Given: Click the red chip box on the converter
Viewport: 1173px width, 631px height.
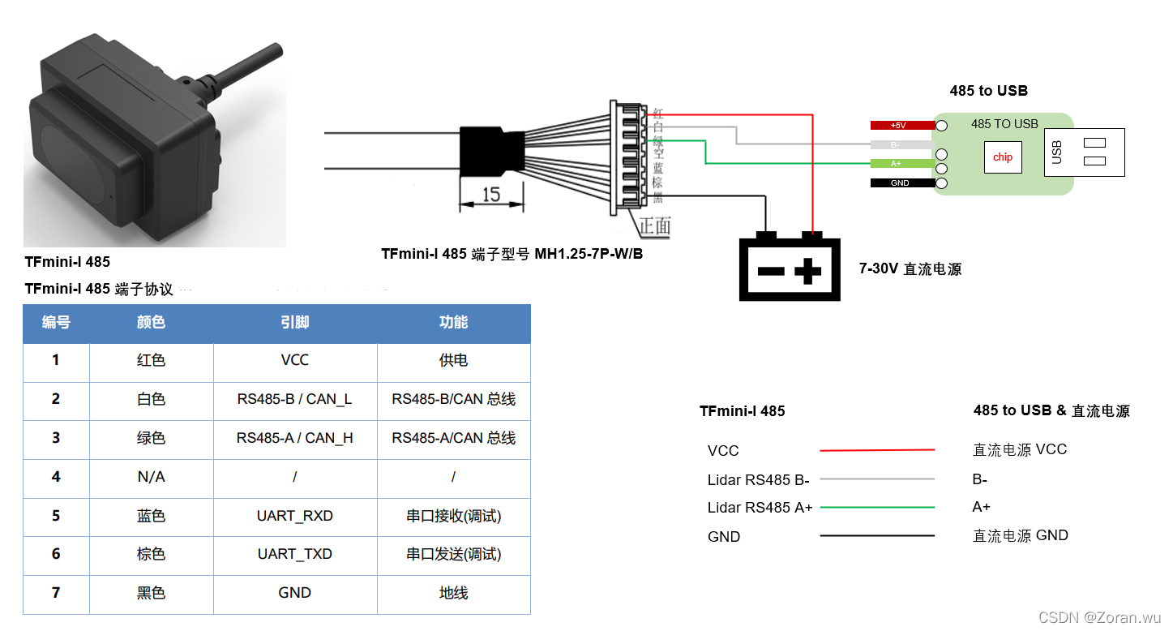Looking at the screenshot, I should (1003, 157).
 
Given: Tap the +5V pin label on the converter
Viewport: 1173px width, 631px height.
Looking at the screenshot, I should (898, 126).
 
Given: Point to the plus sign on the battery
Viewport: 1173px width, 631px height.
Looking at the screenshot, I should (807, 271).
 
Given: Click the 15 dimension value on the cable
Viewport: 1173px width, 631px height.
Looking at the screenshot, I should (490, 195).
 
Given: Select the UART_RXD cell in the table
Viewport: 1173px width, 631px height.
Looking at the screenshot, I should (295, 516).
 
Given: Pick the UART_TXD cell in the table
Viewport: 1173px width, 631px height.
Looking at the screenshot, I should (295, 554).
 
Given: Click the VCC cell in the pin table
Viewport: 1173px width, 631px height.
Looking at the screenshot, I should (295, 359).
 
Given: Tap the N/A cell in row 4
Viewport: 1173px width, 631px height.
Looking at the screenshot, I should (151, 477).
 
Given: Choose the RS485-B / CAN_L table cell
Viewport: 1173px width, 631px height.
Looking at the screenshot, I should (295, 399).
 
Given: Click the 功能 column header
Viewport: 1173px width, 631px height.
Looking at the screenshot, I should (453, 322).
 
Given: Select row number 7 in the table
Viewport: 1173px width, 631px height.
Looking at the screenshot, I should (56, 593).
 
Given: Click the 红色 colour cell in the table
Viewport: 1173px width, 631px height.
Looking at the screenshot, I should (151, 359).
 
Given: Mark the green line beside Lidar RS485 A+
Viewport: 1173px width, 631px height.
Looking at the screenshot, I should (876, 508).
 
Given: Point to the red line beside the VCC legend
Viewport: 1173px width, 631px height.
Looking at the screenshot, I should (876, 450).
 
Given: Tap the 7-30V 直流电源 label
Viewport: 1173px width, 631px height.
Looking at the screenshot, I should (910, 269).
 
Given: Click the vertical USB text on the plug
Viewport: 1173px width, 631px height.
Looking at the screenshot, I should (1056, 152).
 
